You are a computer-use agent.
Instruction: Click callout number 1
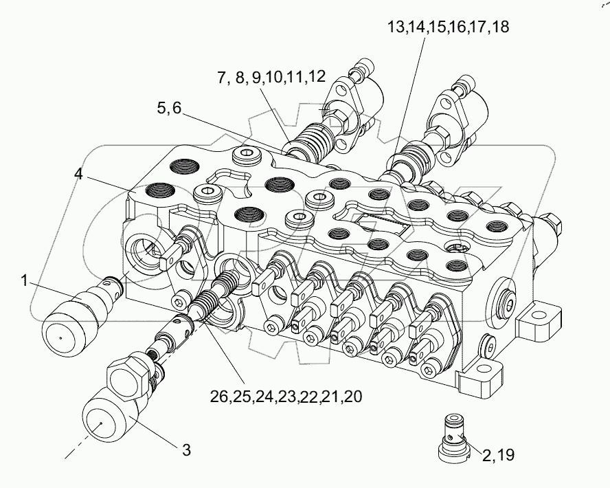click(24, 280)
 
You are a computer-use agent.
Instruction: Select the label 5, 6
click(169, 108)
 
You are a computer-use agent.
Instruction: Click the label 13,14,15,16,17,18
click(448, 27)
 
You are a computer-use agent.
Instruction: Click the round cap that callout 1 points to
click(66, 326)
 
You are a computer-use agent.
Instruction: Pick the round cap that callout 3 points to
click(105, 414)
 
